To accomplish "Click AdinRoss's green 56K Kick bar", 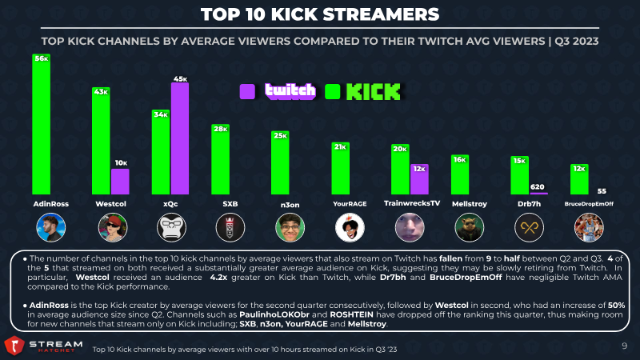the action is click(x=42, y=124).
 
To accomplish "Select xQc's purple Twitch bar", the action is click(x=179, y=138).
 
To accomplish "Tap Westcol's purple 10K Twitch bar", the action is click(x=120, y=182).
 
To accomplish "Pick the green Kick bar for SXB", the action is click(x=220, y=159).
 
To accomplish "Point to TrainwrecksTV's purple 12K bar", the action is click(x=419, y=179).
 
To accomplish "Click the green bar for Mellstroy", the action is click(x=459, y=174).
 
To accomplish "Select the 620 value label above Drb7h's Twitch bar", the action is click(x=537, y=187).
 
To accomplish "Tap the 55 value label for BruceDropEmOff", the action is click(x=602, y=191).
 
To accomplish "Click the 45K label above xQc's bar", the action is click(x=180, y=78).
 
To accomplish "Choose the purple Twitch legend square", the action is click(x=247, y=91).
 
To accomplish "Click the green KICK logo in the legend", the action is click(x=373, y=92).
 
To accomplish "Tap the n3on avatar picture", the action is click(x=290, y=227).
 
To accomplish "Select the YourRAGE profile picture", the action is click(x=350, y=227).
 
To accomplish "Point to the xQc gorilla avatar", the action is click(x=171, y=227).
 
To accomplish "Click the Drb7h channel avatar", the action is click(x=529, y=227).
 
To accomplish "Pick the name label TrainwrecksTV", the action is click(x=412, y=203).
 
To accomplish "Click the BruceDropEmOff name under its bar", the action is click(x=589, y=204).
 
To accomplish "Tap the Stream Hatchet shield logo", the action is click(x=14, y=346).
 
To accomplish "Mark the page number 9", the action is click(x=624, y=346).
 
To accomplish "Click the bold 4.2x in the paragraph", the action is click(x=218, y=278).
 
